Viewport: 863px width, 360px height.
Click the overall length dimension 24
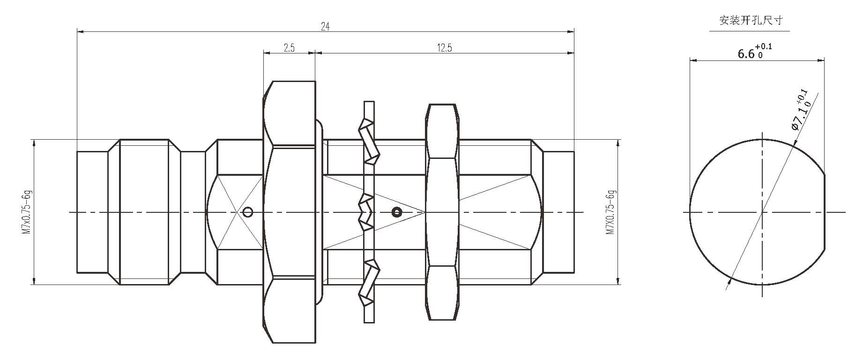point(325,27)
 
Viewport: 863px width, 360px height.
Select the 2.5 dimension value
point(289,48)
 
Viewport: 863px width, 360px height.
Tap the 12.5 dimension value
point(444,48)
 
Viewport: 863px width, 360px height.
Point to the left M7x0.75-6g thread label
point(27,212)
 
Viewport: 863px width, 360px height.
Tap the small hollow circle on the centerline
point(248,212)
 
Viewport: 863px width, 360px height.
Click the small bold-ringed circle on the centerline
point(397,212)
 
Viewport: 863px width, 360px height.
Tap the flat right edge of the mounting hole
point(825,212)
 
